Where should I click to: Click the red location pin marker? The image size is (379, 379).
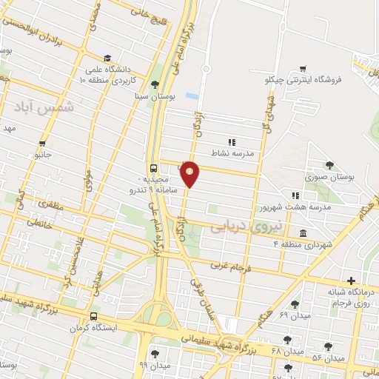pyautogui.click(x=190, y=174)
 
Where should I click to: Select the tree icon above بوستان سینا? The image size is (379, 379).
pyautogui.click(x=154, y=84)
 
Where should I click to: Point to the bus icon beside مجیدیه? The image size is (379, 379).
pyautogui.click(x=153, y=168)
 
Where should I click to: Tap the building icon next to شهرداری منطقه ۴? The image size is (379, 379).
pyautogui.click(x=304, y=234)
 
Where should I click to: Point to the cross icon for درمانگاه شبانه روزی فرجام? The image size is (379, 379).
pyautogui.click(x=351, y=281)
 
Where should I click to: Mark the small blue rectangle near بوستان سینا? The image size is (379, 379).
pyautogui.click(x=192, y=96)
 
